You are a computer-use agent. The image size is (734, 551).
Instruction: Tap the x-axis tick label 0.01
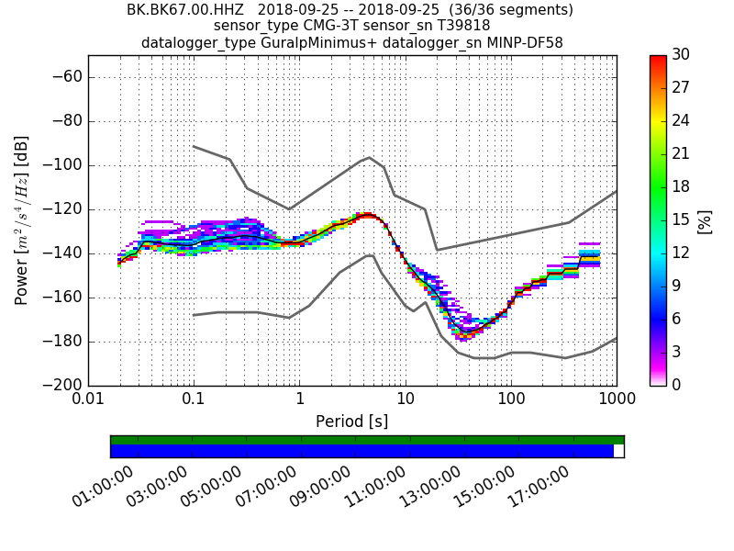[x=88, y=399]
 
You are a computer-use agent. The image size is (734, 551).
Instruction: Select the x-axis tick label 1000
[x=616, y=399]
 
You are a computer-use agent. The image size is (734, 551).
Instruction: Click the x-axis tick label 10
[x=405, y=399]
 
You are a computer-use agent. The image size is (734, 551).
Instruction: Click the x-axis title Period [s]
[x=352, y=422]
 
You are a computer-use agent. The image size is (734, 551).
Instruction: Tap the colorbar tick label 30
[x=681, y=55]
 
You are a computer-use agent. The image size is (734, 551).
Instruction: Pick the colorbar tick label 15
[x=681, y=220]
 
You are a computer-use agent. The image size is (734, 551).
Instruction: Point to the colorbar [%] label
[x=705, y=220]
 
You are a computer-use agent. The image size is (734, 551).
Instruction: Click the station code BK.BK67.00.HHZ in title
[x=184, y=10]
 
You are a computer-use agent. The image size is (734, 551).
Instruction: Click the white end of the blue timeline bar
[x=618, y=451]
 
